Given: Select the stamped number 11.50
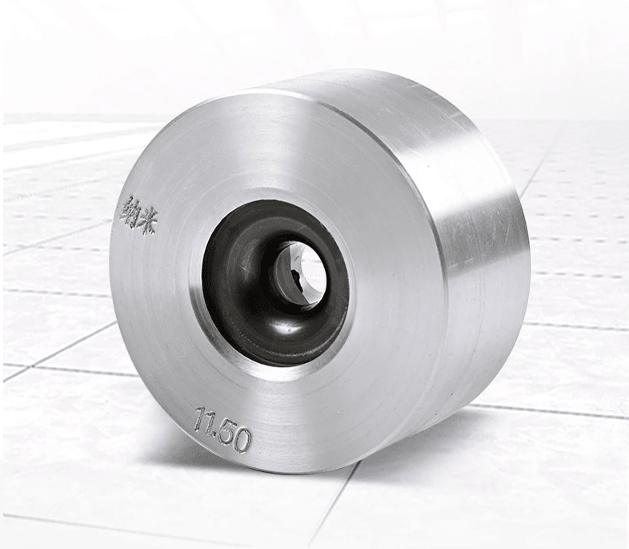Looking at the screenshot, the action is pyautogui.click(x=222, y=428).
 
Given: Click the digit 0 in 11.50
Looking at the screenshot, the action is pyautogui.click(x=242, y=441).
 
